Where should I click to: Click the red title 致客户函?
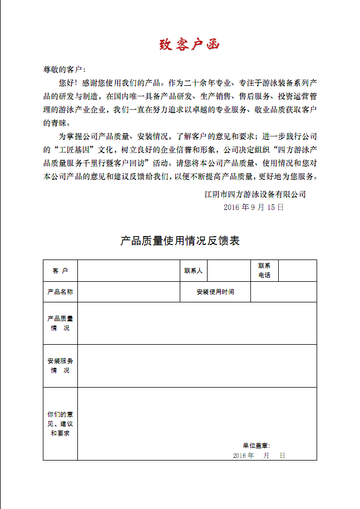190,45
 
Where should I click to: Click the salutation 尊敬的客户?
63,70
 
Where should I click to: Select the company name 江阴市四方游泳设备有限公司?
255,194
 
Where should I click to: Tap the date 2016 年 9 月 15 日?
253,207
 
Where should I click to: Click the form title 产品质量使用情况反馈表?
180,241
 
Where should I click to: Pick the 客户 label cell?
60,271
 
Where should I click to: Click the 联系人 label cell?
193,271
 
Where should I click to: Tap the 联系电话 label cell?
264,271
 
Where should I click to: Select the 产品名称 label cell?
60,292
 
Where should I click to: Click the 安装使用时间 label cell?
215,292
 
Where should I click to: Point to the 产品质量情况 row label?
60,323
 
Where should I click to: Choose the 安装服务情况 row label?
60,366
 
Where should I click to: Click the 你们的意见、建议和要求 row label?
60,424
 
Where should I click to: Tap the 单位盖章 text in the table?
256,446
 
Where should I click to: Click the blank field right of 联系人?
228,271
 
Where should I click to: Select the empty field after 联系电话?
297,271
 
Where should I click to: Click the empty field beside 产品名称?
128,292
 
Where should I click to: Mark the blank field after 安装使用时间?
283,292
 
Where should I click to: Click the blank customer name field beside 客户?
128,271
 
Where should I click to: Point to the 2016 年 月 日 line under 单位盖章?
259,456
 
